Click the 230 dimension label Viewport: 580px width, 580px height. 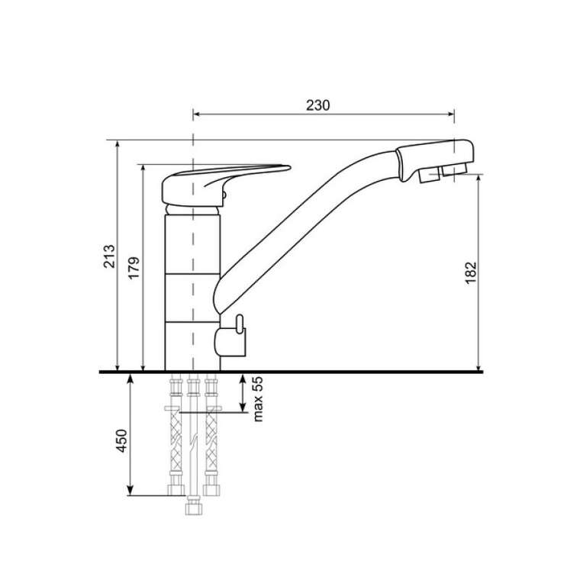click(x=317, y=105)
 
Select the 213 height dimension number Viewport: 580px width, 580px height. click(x=109, y=256)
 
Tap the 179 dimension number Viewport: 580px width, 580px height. click(x=134, y=268)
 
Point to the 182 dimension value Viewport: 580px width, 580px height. click(x=471, y=273)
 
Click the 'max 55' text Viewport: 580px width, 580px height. click(x=258, y=398)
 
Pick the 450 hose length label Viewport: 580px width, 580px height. click(x=121, y=440)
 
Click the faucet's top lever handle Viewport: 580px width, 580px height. click(x=226, y=184)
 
